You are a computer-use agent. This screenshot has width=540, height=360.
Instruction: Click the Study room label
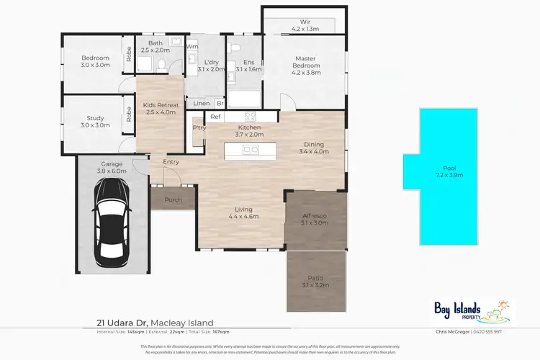point(95,121)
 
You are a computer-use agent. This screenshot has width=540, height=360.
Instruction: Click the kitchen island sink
point(251,150)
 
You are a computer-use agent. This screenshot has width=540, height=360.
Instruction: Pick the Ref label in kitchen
point(215,116)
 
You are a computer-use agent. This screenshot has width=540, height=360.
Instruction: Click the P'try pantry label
point(199,128)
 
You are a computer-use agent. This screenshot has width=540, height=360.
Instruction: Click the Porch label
point(173,200)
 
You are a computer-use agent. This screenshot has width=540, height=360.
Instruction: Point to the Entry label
point(171,161)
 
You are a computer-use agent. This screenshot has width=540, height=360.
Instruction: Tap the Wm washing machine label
point(192,47)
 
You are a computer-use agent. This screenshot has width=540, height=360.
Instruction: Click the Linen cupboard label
point(202,104)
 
